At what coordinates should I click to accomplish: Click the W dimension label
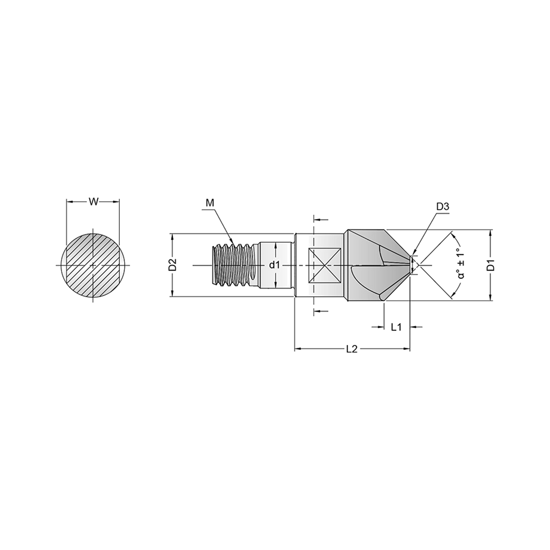(x=94, y=202)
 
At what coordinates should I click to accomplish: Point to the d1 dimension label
(x=274, y=265)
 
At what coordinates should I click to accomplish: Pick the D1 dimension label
(x=490, y=265)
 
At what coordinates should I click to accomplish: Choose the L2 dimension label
(x=352, y=349)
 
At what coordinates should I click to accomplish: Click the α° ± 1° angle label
(x=461, y=265)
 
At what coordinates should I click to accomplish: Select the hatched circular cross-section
(x=93, y=265)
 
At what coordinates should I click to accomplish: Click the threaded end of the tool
(x=236, y=265)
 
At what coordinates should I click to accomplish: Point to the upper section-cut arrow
(x=321, y=220)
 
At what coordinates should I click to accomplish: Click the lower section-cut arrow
(x=321, y=311)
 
